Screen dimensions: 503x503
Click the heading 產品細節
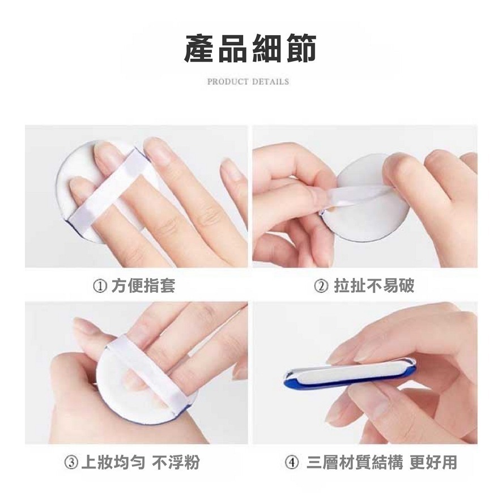pyautogui.click(x=250, y=48)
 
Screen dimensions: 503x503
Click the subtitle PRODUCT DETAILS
pyautogui.click(x=248, y=82)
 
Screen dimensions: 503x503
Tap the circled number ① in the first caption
pyautogui.click(x=100, y=285)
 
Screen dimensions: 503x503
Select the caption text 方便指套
pyautogui.click(x=143, y=285)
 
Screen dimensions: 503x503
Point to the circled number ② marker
pyautogui.click(x=321, y=285)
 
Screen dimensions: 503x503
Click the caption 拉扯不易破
pyautogui.click(x=374, y=285)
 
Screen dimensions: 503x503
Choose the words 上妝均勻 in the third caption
pyautogui.click(x=113, y=462)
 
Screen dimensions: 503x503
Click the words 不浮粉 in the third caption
pyautogui.click(x=176, y=462)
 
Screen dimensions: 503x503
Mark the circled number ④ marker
pyautogui.click(x=292, y=462)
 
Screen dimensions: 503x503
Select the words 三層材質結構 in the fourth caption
pyautogui.click(x=354, y=462)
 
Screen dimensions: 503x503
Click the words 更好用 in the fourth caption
pyautogui.click(x=433, y=462)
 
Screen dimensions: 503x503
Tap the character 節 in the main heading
pyautogui.click(x=301, y=48)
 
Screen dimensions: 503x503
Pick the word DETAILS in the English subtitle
pyautogui.click(x=271, y=82)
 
